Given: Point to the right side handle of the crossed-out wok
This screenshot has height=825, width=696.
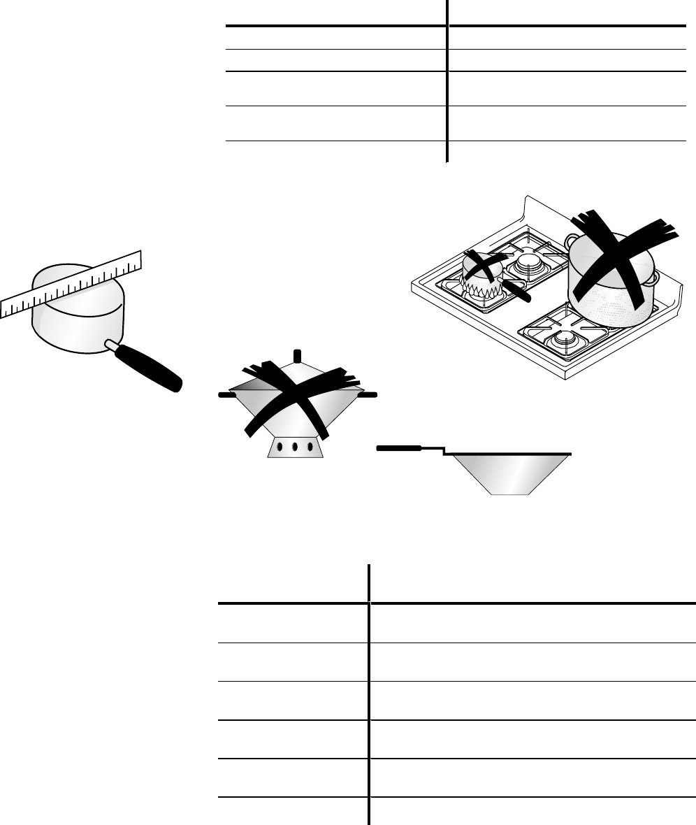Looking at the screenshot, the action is tap(368, 395).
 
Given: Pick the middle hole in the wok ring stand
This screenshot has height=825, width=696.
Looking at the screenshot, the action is tap(295, 446).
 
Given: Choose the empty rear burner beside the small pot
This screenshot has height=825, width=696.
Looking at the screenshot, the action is tap(528, 265).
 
